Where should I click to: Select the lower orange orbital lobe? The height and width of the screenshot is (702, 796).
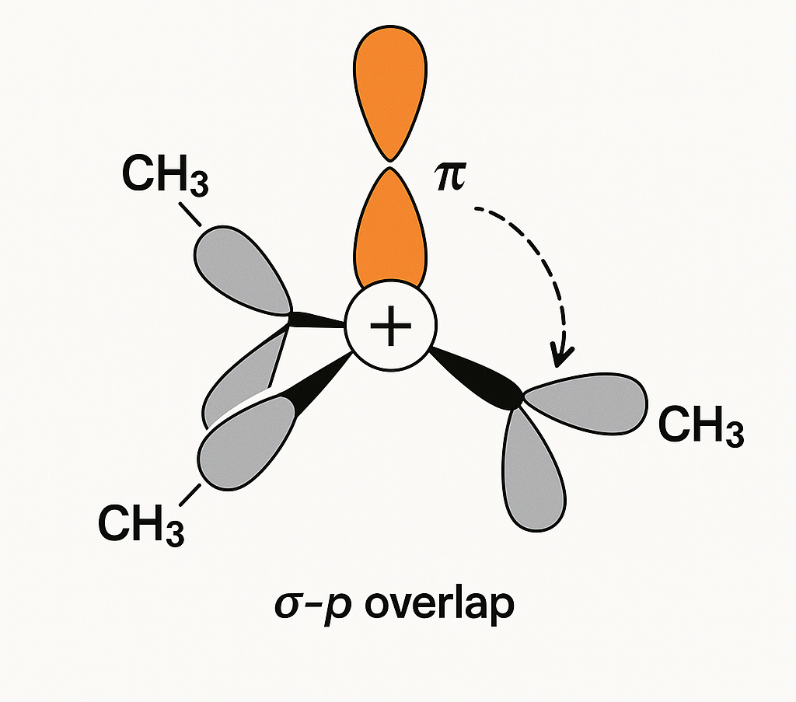tap(389, 229)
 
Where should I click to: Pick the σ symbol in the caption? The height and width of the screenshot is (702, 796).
tap(288, 606)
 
